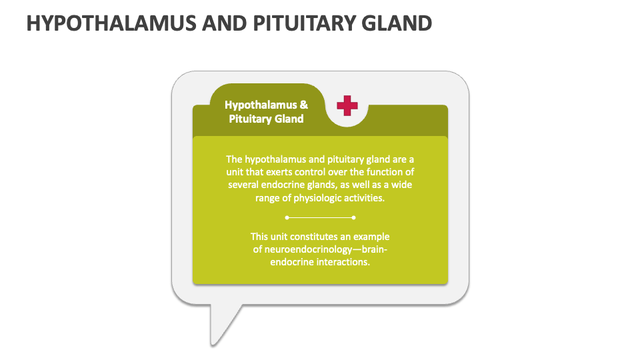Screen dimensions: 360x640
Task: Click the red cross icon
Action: click(x=347, y=105)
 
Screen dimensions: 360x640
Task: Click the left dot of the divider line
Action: click(x=287, y=217)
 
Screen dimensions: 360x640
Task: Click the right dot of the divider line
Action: click(x=353, y=217)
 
